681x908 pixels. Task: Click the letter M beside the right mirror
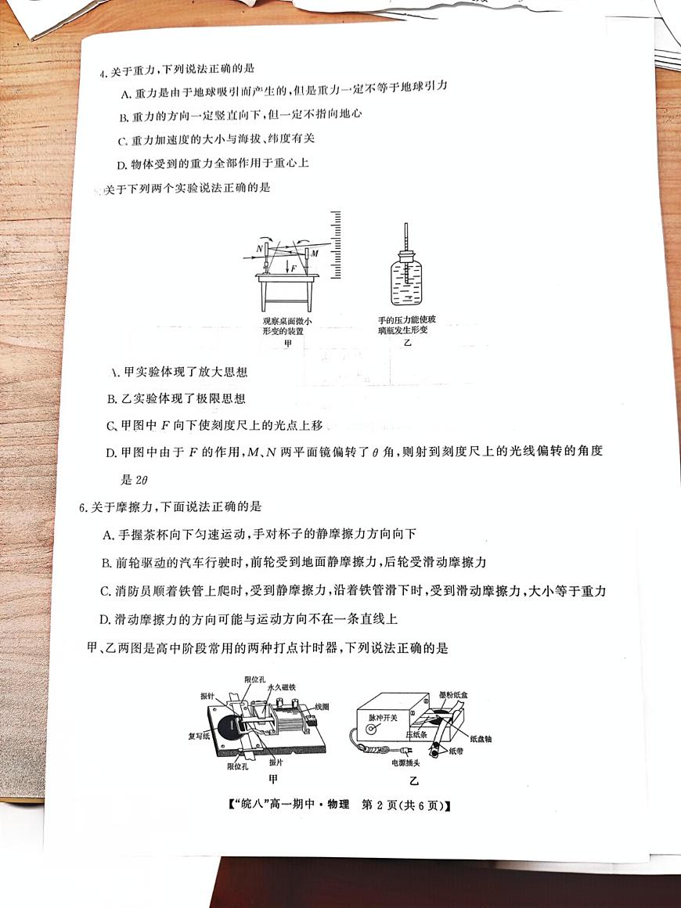point(314,253)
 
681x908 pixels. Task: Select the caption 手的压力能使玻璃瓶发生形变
point(407,325)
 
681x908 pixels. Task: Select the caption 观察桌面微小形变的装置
point(287,326)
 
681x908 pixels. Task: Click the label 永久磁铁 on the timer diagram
point(281,686)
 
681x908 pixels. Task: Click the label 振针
point(207,696)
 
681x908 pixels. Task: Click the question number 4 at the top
point(102,74)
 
